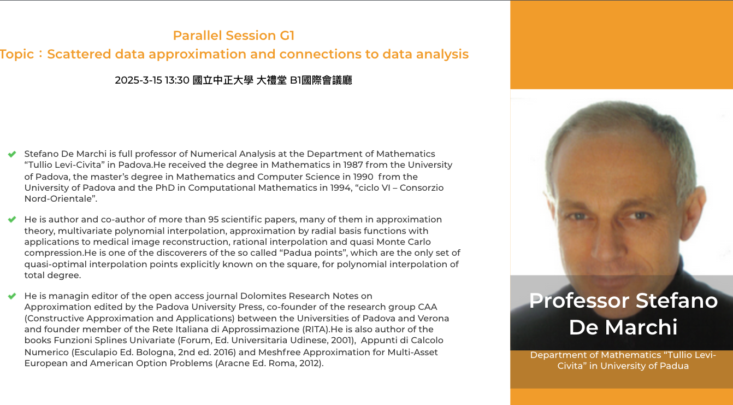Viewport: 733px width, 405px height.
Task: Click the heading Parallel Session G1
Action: click(x=234, y=36)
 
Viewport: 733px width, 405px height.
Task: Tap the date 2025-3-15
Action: click(x=138, y=80)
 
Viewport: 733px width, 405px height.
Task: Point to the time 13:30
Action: click(x=177, y=80)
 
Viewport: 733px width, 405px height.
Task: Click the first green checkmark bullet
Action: click(x=12, y=154)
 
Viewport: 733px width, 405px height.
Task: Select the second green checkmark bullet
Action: click(x=12, y=219)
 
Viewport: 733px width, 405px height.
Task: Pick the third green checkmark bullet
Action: click(x=12, y=296)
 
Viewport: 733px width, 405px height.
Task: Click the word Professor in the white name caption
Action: click(x=579, y=301)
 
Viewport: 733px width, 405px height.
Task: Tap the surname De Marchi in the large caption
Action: click(x=623, y=327)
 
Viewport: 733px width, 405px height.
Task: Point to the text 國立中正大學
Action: click(x=223, y=80)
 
